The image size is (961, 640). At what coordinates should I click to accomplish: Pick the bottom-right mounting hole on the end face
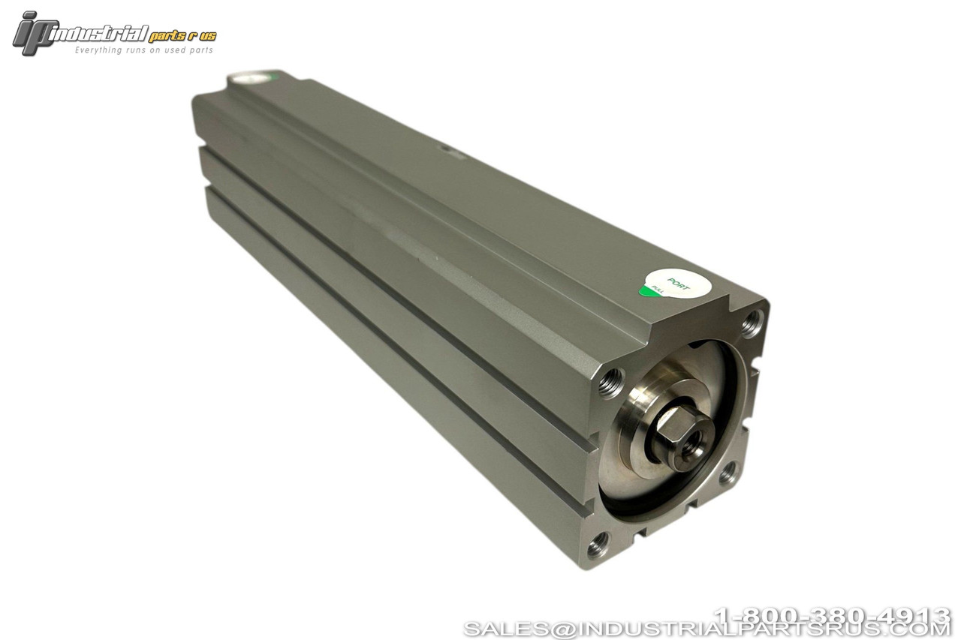(727, 476)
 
